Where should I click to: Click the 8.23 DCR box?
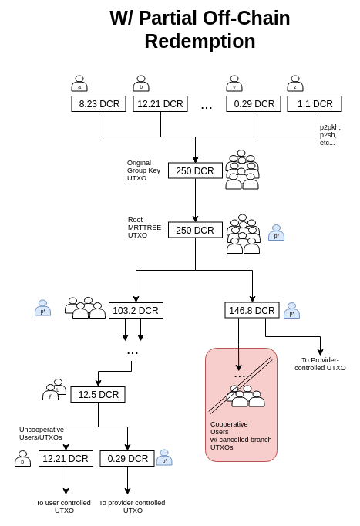99,103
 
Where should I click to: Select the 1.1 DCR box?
315,103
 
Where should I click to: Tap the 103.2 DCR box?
136,310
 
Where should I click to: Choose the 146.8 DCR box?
252,310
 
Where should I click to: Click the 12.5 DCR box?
98,394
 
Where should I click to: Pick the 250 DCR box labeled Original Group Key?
195,170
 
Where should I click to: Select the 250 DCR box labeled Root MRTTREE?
195,230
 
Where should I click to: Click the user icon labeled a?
79,83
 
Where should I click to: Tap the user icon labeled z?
295,83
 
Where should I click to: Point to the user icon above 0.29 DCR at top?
234,83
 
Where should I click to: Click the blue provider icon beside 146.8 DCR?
291,310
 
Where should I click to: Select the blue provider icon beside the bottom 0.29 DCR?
164,457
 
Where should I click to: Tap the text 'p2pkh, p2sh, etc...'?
329,135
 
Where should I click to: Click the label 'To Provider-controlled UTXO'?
320,364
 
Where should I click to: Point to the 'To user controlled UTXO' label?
63,507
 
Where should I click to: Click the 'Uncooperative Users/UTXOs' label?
41,433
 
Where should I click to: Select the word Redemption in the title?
200,41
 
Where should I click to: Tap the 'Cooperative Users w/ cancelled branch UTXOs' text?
241,436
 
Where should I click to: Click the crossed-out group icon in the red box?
246,396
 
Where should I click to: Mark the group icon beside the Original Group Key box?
242,170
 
